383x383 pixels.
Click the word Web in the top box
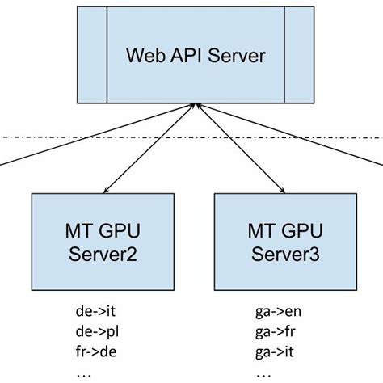(x=143, y=57)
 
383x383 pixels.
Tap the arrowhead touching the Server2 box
(x=103, y=191)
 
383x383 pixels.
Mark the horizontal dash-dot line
(x=48, y=138)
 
